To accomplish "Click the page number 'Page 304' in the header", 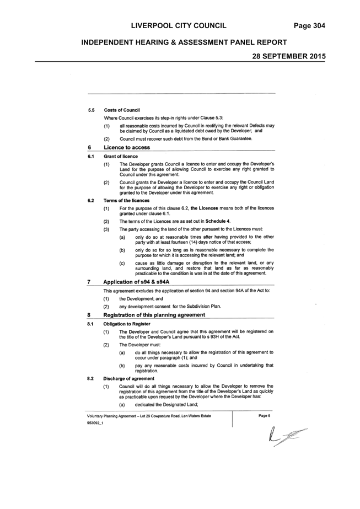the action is [x=309, y=26].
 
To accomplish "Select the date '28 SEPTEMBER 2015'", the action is [x=289, y=56].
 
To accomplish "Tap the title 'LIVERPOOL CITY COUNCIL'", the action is [x=179, y=26].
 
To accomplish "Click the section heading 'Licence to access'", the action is [x=127, y=147].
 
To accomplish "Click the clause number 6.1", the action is [x=90, y=157].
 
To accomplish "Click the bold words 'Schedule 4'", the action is [x=218, y=221].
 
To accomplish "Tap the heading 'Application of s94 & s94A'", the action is [x=136, y=282].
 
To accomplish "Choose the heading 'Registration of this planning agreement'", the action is [x=154, y=315].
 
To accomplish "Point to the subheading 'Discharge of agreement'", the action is [x=129, y=378].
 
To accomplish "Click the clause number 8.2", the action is [x=90, y=378].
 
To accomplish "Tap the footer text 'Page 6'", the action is [x=264, y=416].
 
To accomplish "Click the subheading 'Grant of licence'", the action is [x=121, y=157].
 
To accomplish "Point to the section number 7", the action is [x=89, y=282].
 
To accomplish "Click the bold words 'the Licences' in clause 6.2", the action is [x=204, y=208].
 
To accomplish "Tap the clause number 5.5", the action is [x=91, y=110].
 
